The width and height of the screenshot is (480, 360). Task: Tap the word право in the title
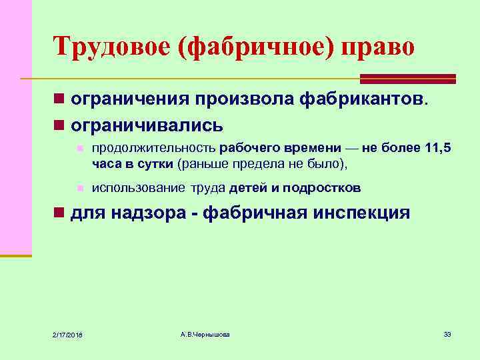[x=377, y=47]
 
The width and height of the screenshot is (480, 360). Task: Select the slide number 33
[x=447, y=333]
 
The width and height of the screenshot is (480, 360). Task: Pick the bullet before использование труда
[x=79, y=188]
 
